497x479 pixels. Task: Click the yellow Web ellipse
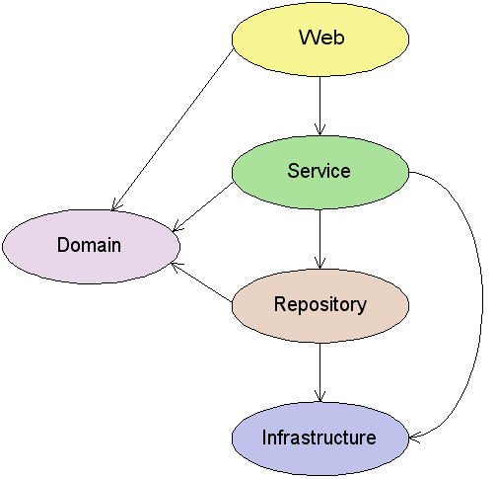click(320, 40)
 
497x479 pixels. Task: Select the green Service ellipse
click(320, 173)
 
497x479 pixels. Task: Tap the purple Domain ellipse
click(91, 247)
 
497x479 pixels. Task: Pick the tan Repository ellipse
click(320, 306)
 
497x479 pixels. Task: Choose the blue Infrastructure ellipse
click(320, 439)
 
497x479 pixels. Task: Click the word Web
click(321, 38)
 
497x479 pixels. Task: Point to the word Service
click(319, 171)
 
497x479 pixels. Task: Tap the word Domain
click(89, 245)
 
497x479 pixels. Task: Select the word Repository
click(320, 304)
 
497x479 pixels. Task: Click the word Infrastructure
click(319, 438)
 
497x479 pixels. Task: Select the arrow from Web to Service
click(319, 106)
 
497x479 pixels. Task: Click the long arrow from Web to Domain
click(173, 130)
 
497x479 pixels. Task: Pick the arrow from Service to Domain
click(203, 206)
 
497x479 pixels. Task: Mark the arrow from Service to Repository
click(319, 239)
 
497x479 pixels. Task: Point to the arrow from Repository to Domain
click(201, 281)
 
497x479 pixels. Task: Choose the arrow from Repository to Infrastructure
click(319, 372)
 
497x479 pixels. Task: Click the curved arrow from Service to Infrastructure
click(482, 306)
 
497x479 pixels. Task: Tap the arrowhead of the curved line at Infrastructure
click(413, 439)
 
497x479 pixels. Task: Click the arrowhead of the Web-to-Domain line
click(115, 205)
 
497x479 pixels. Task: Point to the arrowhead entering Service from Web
click(319, 130)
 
